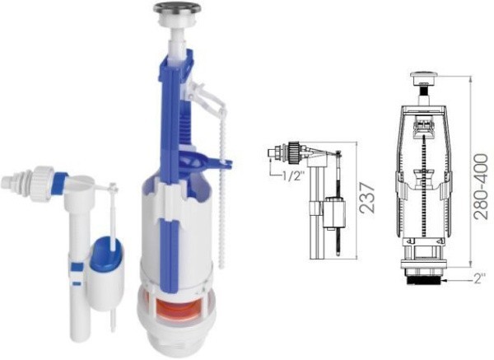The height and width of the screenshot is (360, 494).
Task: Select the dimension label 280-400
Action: click(x=481, y=186)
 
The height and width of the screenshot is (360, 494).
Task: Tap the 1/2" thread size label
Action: click(x=292, y=176)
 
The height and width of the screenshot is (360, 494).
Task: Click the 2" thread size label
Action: click(x=478, y=279)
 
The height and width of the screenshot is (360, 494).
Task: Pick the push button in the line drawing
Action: click(x=424, y=78)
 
